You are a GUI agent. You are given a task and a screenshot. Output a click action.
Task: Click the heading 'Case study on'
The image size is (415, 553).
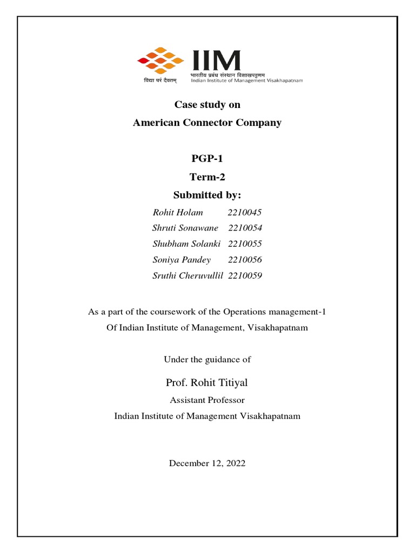[x=207, y=105]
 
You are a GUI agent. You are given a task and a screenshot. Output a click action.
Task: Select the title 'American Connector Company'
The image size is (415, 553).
[x=207, y=123]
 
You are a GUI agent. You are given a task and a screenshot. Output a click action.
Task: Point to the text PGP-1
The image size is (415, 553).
[x=207, y=158]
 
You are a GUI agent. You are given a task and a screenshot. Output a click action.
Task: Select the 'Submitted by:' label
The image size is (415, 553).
[x=207, y=194]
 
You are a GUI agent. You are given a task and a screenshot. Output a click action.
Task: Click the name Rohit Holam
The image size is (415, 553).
[x=178, y=212]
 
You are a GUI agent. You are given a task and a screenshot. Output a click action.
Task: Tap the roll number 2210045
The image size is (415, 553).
[x=245, y=212]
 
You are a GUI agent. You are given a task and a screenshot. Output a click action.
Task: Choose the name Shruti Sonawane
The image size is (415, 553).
[x=185, y=228]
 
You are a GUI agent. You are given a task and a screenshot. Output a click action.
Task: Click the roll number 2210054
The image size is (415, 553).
[x=245, y=228]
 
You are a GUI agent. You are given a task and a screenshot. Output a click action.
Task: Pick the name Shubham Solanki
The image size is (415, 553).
[x=186, y=244]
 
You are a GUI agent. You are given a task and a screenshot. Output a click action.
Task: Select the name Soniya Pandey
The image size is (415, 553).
[x=182, y=260]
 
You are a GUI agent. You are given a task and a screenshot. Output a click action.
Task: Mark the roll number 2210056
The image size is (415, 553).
[x=245, y=260]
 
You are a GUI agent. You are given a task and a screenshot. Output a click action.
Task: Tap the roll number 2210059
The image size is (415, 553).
[x=245, y=276]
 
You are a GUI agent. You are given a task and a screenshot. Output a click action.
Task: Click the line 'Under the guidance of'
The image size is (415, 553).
[x=207, y=359]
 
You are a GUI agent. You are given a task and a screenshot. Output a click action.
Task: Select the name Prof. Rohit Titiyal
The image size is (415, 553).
[x=207, y=383]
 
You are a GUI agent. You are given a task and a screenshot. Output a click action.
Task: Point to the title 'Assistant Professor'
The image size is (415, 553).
[x=207, y=400]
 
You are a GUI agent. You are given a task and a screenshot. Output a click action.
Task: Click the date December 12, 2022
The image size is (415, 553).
[x=207, y=463]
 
